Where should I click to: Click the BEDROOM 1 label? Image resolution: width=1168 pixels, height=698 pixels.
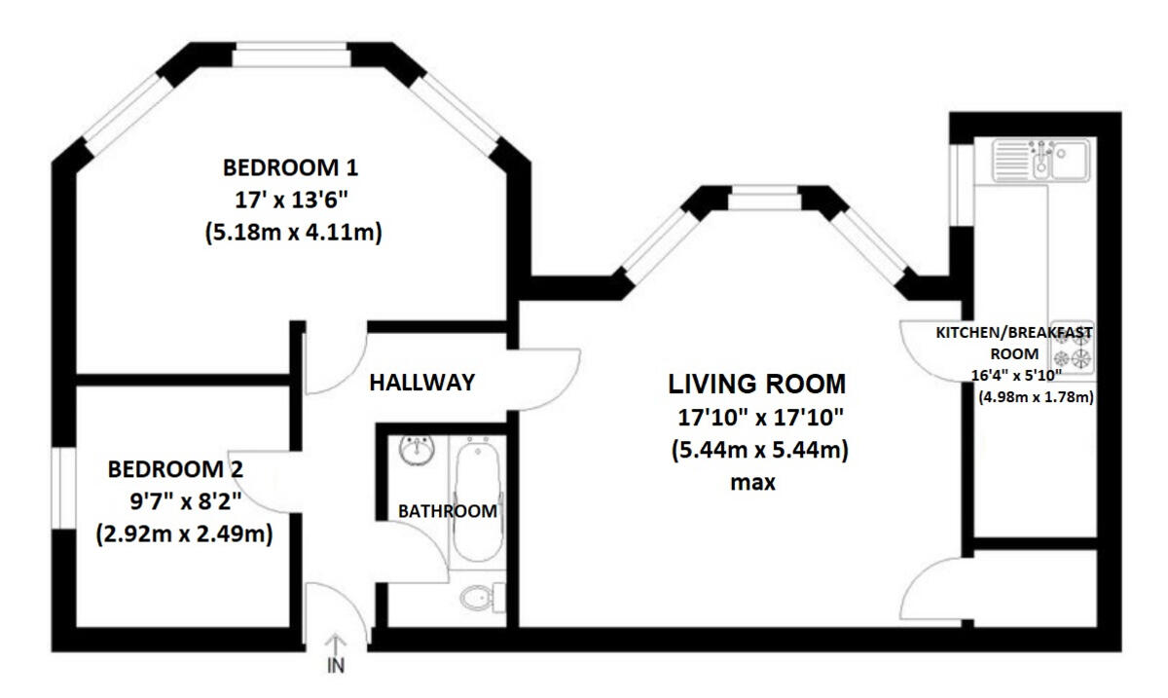point(290,168)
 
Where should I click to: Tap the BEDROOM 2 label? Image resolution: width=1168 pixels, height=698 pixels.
point(175,469)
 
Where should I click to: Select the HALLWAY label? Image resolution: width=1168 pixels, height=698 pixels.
point(421,383)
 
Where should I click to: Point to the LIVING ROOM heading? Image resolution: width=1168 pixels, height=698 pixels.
point(756,384)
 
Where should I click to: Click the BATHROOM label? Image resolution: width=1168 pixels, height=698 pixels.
point(448,511)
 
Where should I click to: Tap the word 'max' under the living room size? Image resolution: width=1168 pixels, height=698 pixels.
point(753,483)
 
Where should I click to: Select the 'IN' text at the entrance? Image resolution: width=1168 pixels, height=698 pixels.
point(336,666)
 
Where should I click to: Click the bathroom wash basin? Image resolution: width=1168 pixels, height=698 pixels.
point(418,450)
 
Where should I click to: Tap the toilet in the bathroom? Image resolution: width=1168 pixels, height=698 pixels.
point(483,598)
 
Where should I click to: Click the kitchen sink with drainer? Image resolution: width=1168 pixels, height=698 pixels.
point(1040,160)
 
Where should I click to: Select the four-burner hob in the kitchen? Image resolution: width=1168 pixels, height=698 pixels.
point(1072,347)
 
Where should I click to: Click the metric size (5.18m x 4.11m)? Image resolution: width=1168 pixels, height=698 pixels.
point(294,232)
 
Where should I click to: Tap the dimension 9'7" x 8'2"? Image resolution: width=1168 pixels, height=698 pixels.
point(186,502)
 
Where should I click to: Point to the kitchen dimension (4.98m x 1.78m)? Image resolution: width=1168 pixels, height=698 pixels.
point(1036,397)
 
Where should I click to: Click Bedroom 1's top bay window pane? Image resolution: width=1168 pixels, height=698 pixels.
point(290,55)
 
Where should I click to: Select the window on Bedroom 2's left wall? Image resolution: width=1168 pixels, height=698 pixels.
point(63,488)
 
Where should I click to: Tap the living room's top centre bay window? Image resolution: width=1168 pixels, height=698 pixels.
point(764,198)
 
